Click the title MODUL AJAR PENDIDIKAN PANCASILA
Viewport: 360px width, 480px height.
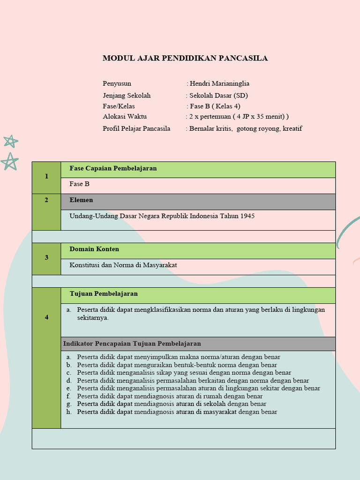pos(185,58)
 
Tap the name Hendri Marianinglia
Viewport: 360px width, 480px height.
pos(219,83)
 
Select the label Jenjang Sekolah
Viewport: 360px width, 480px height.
pos(127,95)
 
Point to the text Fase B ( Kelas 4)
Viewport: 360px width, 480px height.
pos(215,106)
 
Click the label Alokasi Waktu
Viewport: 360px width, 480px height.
pos(125,116)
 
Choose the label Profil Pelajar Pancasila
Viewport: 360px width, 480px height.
pos(136,128)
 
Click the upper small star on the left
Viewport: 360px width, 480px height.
pos(10,141)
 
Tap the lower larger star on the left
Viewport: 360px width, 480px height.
pos(9,161)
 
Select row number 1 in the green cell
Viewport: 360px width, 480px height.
pos(46,176)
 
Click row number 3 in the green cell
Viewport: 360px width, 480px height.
pos(46,257)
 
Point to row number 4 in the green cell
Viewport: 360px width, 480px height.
pos(46,317)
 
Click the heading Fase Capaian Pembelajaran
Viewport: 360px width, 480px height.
pos(113,168)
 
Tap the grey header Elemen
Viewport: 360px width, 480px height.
pos(81,200)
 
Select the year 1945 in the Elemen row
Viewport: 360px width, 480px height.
pos(247,216)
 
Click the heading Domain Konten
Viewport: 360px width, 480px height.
pos(94,249)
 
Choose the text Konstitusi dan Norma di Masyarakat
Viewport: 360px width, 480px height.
pos(123,265)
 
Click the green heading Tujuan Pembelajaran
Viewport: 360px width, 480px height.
pos(104,293)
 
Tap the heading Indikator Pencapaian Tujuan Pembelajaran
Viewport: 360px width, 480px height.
pos(132,344)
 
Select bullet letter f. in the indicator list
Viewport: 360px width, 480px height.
pos(68,396)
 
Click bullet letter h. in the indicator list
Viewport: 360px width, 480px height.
pos(68,412)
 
